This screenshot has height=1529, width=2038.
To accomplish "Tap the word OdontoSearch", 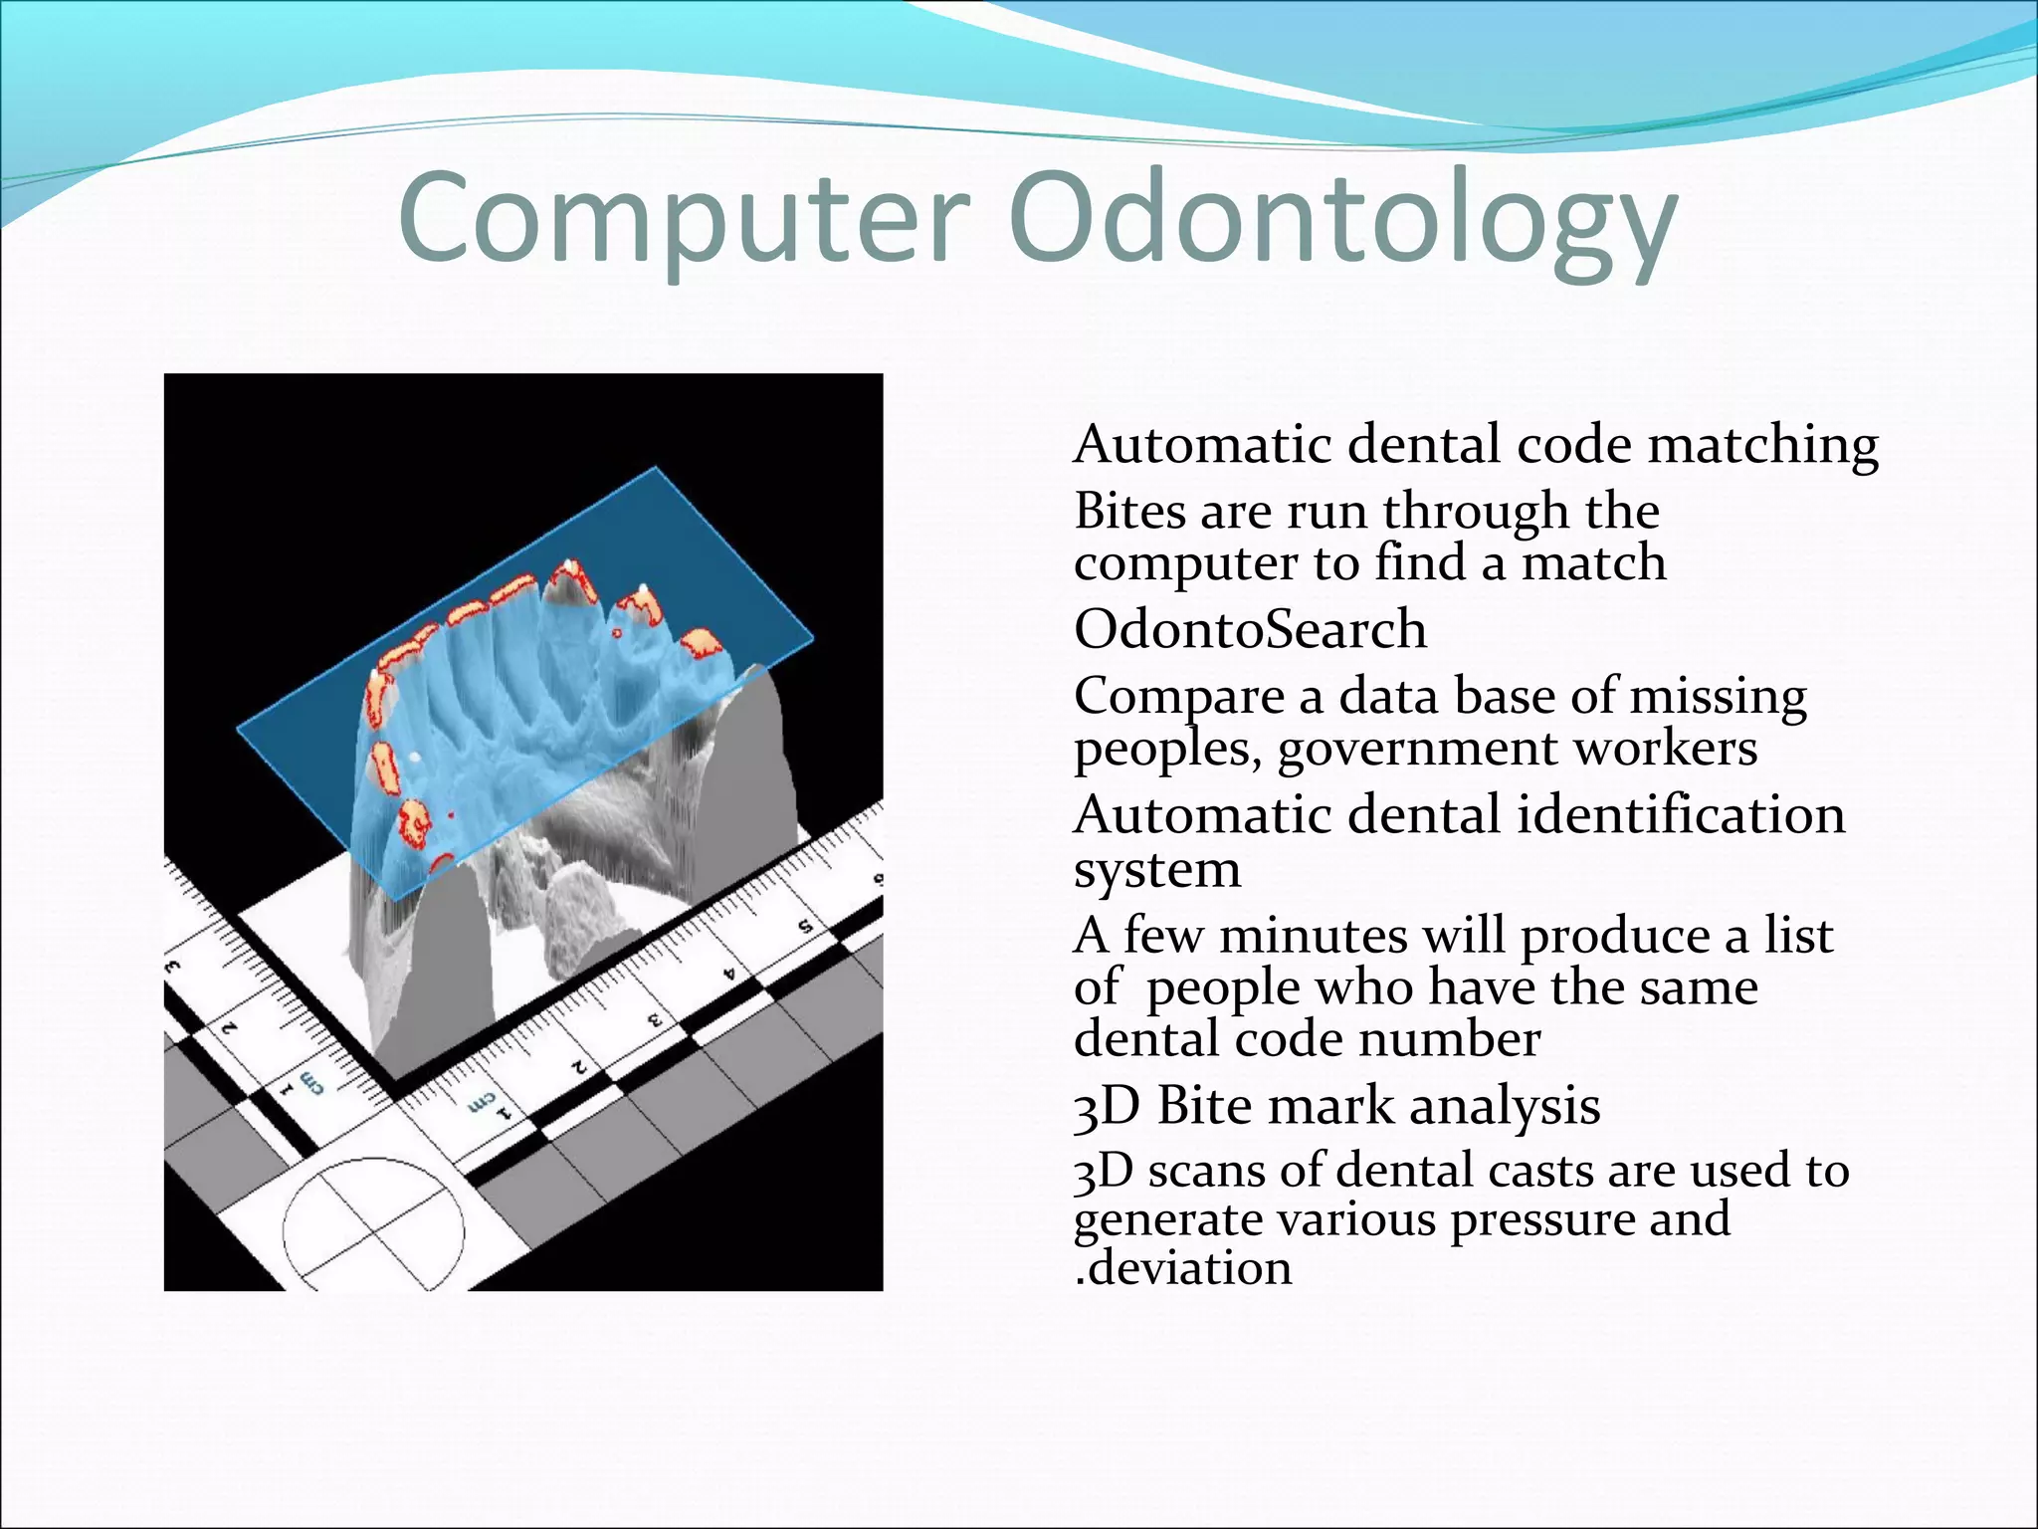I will (x=1250, y=629).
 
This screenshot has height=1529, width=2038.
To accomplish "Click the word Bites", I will (x=1129, y=512).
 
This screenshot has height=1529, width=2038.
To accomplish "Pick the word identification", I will (x=1681, y=815).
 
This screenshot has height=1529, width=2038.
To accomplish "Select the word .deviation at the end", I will (x=1183, y=1268).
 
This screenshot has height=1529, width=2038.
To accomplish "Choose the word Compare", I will (x=1178, y=697).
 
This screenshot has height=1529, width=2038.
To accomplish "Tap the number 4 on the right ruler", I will (x=730, y=972).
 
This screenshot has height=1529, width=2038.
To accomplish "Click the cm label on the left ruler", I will (x=311, y=1081).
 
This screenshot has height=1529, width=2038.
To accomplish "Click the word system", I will (x=1157, y=870).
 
